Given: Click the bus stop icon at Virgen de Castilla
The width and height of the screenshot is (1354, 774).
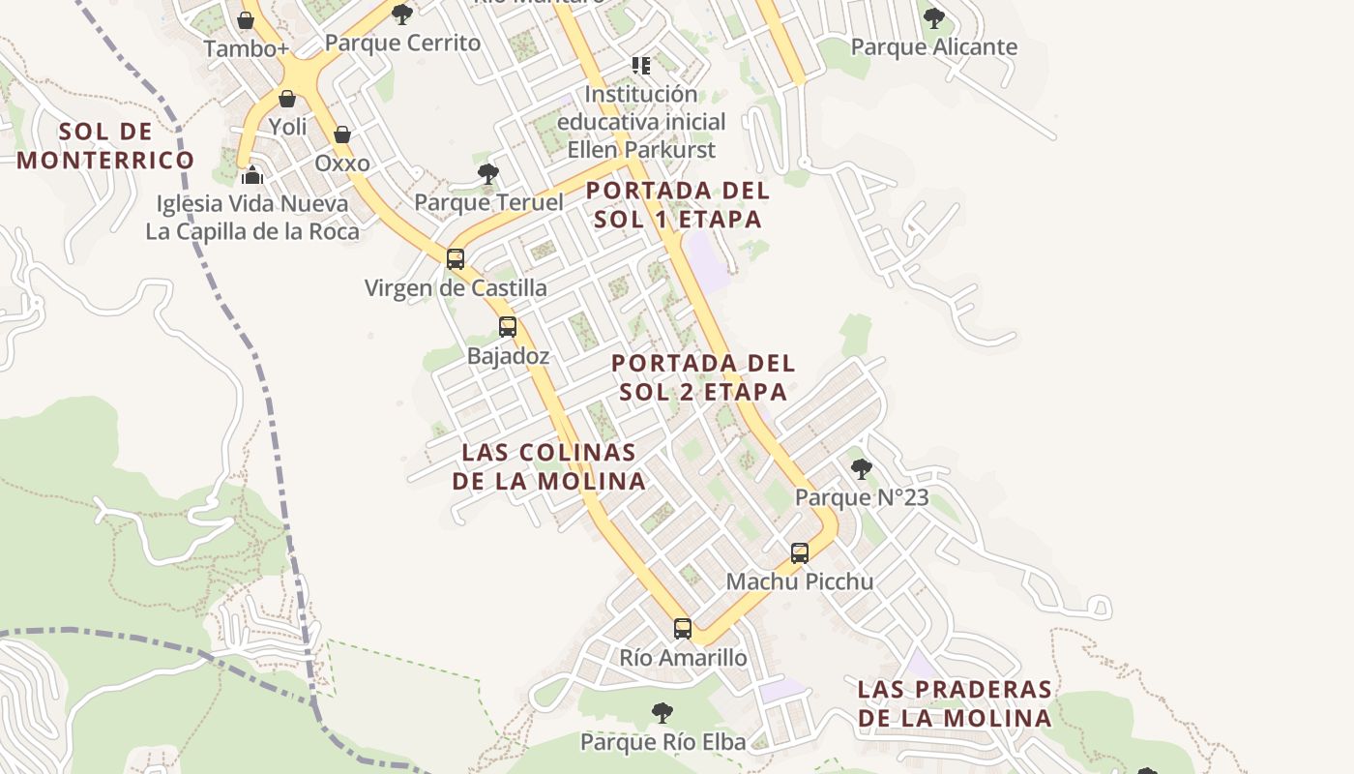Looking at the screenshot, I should pos(456,259).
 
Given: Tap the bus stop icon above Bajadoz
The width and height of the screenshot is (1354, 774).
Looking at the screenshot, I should pos(508,327).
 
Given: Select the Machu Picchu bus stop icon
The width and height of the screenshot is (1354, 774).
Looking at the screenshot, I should pos(800,553).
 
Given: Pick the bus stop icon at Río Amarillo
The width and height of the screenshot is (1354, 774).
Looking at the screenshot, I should pos(683,629).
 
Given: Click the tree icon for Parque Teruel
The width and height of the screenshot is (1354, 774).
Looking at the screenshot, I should pos(488,174).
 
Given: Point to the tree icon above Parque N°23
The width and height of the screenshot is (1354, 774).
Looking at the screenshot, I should pos(861,469).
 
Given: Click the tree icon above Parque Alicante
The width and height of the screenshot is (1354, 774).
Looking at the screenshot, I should pos(933,17).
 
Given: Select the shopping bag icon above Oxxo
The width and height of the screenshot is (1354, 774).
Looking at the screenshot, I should pos(342,134).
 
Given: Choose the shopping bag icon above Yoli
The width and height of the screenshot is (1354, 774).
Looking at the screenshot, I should pos(287,99).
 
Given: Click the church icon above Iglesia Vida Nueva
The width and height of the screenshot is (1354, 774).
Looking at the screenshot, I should pos(252,175).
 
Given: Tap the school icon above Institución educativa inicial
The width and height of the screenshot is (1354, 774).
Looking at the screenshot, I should pos(641,66).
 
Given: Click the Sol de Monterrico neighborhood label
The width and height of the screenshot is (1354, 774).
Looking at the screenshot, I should pos(105,146).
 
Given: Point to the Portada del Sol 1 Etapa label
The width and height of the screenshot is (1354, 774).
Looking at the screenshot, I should pos(678,205).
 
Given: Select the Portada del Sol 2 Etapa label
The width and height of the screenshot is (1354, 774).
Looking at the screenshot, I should pos(703,377).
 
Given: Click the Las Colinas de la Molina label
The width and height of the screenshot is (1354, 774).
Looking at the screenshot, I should pos(548,466).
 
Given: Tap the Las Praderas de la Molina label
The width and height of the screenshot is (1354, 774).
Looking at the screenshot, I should pos(955,703).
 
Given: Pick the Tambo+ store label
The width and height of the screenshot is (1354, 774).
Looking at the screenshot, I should pos(247,48).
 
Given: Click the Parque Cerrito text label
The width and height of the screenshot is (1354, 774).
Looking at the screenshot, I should pos(402,43).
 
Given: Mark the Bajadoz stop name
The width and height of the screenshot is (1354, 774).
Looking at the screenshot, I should pos(508,356).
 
